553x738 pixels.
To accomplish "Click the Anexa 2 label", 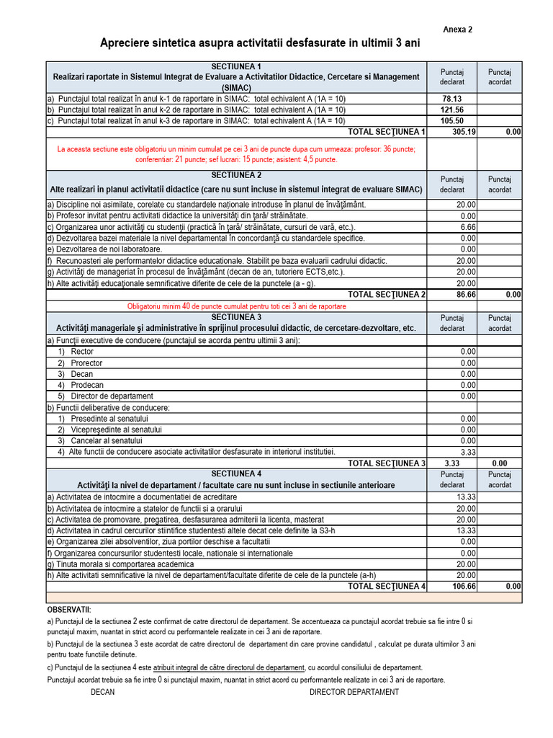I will coord(457,30).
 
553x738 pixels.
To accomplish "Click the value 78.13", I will coord(451,99).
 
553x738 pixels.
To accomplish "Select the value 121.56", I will coord(451,110).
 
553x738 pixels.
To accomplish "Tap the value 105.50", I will coord(451,121).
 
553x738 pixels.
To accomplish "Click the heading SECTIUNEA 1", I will coord(236,66).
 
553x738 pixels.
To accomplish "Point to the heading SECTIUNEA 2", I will coord(236,175).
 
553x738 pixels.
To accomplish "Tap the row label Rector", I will coord(83,352).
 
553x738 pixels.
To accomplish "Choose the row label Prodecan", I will coord(87,385).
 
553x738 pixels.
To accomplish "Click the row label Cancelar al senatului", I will coord(107,440).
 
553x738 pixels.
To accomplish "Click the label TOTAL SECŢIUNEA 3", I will coord(386,463).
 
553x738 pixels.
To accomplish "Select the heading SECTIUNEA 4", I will coord(236,474).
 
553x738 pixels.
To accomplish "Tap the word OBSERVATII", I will coord(69,610).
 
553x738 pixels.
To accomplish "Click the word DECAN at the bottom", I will coord(102,692).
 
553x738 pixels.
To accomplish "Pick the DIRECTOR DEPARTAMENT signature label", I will coord(354,692).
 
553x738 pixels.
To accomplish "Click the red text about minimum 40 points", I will coord(236,306).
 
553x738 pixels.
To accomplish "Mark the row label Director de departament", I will coord(112,396).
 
